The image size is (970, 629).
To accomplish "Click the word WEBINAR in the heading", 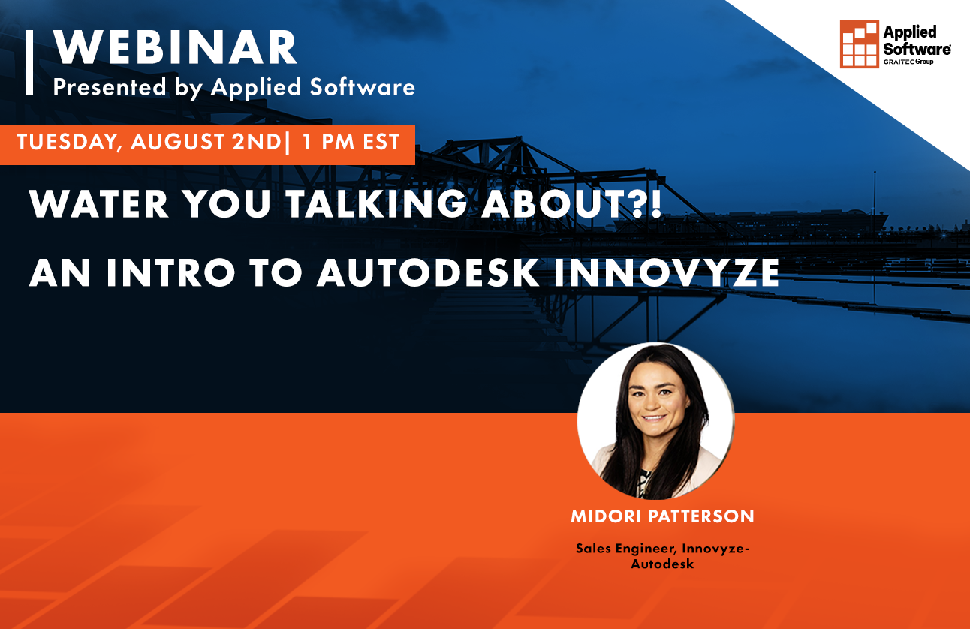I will (176, 50).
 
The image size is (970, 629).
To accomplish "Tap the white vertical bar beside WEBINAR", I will (29, 62).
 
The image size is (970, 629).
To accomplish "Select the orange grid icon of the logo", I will (859, 44).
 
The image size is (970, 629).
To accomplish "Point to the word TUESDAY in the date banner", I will (65, 143).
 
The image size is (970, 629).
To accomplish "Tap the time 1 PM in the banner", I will (325, 143).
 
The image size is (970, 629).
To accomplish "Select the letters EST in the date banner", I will (378, 143).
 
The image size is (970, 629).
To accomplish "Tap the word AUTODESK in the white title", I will (427, 274).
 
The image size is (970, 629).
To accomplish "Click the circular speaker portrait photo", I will (655, 420).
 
